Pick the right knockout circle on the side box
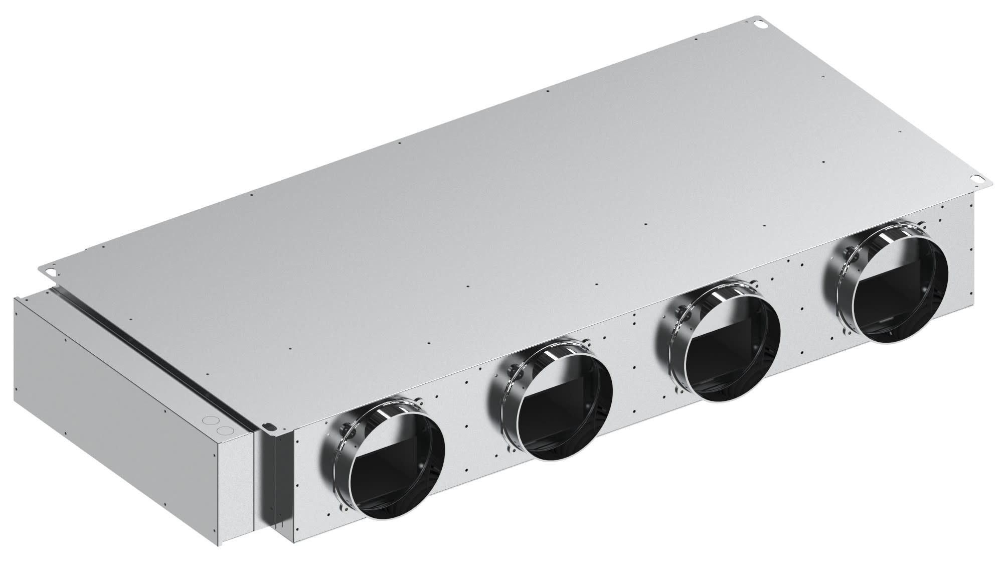pos(227,431)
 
